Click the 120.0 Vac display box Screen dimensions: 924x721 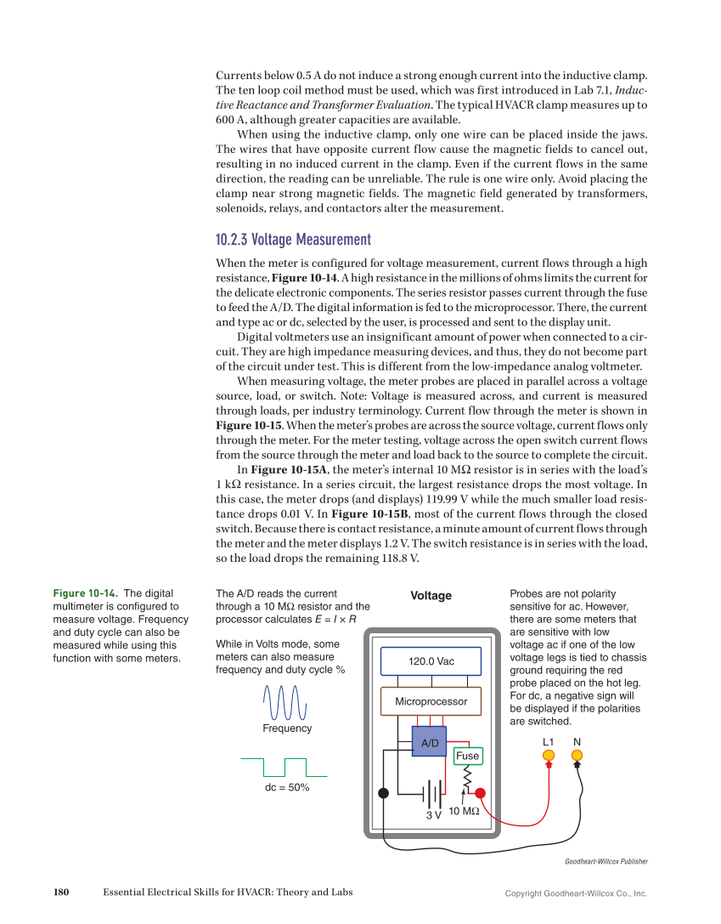(431, 661)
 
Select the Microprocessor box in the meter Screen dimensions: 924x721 (431, 701)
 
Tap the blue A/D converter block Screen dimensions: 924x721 (429, 742)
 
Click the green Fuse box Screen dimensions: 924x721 (467, 756)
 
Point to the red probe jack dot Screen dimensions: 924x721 (480, 793)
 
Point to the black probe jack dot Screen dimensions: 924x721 (383, 793)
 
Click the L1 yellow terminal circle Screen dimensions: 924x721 (549, 755)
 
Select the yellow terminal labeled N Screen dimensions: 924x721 (577, 755)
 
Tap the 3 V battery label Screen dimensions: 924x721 (433, 815)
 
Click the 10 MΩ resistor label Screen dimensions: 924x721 (464, 811)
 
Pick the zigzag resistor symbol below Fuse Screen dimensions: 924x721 (466, 777)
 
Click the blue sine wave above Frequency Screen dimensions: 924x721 (285, 703)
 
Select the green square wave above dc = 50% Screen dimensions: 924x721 (284, 767)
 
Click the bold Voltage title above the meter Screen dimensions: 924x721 (431, 596)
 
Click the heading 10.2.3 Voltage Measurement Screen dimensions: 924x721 (293, 240)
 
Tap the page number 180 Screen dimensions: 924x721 (60, 892)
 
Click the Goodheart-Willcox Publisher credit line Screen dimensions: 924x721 (606, 861)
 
